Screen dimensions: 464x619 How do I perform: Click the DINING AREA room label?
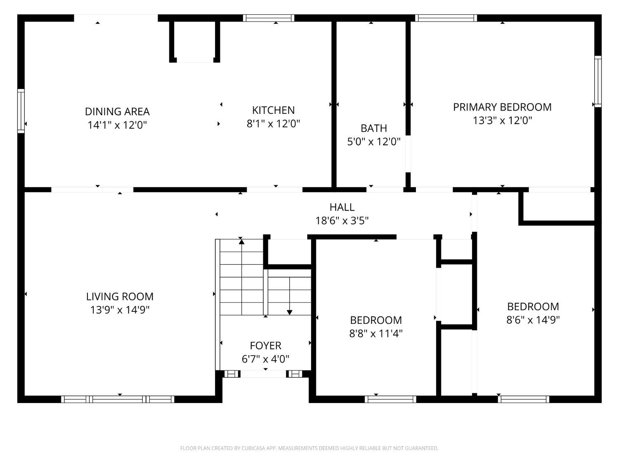[117, 111]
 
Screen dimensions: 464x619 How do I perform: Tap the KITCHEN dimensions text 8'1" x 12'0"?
[273, 123]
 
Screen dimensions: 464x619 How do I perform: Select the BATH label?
[373, 128]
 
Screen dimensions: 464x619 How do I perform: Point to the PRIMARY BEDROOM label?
[502, 107]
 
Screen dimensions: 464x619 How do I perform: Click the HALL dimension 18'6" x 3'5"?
[342, 221]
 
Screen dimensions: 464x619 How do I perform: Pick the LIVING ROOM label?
[120, 297]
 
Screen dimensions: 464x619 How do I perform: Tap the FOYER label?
[265, 346]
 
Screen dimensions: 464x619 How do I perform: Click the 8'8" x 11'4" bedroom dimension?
[376, 333]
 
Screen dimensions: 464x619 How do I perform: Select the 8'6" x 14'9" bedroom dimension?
[533, 320]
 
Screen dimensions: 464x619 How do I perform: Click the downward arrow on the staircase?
[290, 312]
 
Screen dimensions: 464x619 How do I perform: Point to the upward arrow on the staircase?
[241, 242]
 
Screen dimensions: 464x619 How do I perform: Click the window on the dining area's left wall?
[21, 111]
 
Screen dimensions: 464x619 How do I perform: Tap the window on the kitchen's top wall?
[268, 18]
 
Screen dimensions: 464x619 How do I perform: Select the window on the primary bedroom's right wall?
[598, 81]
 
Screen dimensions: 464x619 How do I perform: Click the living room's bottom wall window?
[118, 399]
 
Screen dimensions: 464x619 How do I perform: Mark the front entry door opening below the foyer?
[263, 374]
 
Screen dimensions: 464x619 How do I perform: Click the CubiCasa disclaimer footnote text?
[309, 448]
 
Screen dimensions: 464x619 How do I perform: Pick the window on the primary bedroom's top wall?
[446, 18]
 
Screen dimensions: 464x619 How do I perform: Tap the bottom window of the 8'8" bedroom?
[390, 399]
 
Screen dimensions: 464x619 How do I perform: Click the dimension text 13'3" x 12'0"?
[502, 120]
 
